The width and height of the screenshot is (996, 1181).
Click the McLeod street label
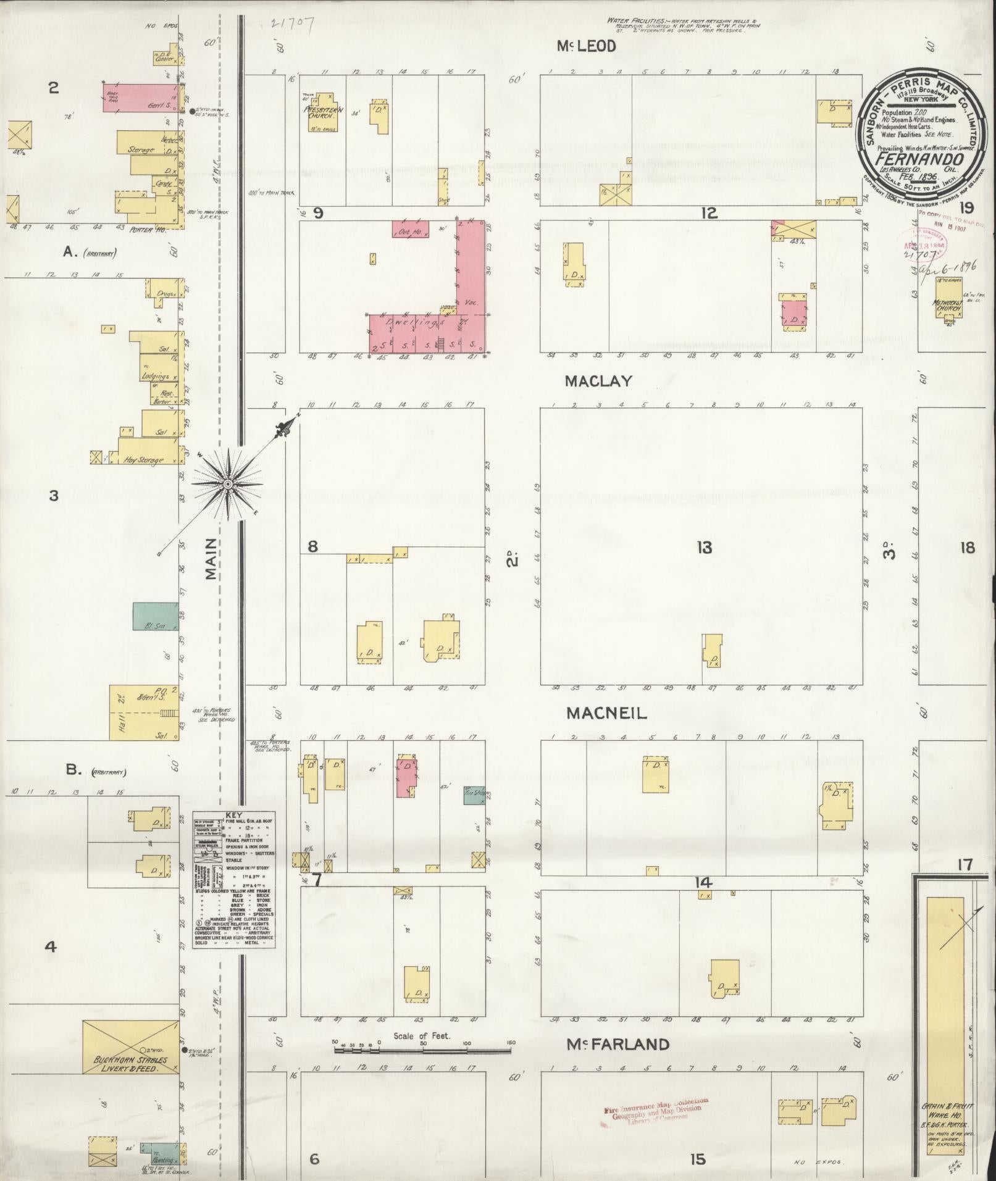pos(586,47)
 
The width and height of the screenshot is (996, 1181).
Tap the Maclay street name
pos(598,382)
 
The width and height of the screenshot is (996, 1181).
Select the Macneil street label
pos(606,714)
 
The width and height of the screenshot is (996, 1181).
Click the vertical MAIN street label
pos(212,558)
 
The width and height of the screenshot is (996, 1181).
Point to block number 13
pos(704,547)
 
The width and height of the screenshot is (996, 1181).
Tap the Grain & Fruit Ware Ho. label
pos(943,1106)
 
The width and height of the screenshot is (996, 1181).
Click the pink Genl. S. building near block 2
pos(140,98)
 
